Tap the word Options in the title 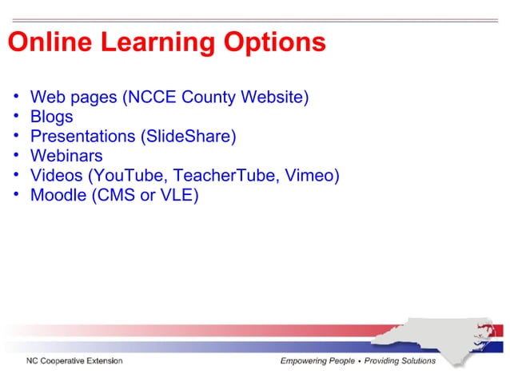coord(274,42)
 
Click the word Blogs coord(51,117)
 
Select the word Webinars coord(66,155)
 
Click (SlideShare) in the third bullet coord(188,136)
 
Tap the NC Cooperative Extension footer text coord(73,361)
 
